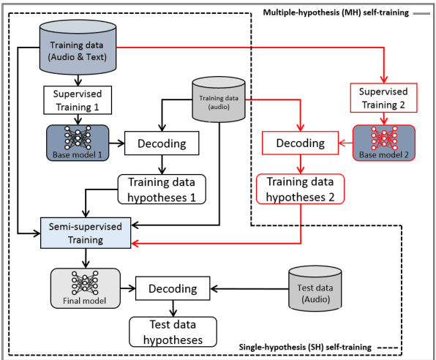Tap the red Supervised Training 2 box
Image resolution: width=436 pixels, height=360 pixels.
[383, 97]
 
